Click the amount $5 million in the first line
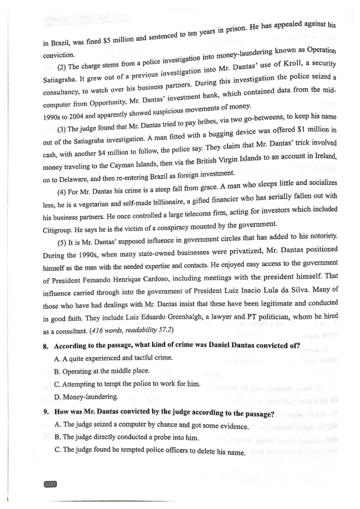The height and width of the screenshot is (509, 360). pyautogui.click(x=118, y=40)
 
